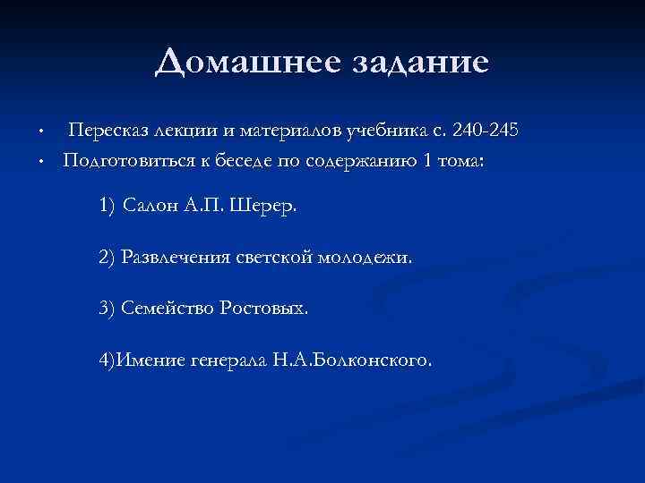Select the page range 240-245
(486, 131)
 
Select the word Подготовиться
(116, 161)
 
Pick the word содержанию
(340, 161)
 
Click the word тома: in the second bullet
(455, 161)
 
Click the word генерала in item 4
(224, 361)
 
